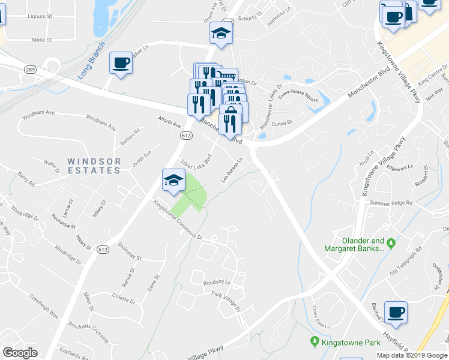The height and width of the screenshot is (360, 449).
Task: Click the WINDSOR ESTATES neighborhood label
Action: [94, 166]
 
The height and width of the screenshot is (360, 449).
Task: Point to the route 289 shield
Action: [30, 70]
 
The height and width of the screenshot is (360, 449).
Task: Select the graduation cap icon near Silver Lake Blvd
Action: [172, 179]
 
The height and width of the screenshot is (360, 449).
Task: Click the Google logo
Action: [20, 353]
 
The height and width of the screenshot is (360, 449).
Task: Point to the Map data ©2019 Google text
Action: [412, 355]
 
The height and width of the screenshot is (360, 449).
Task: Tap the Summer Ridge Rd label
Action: [391, 203]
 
